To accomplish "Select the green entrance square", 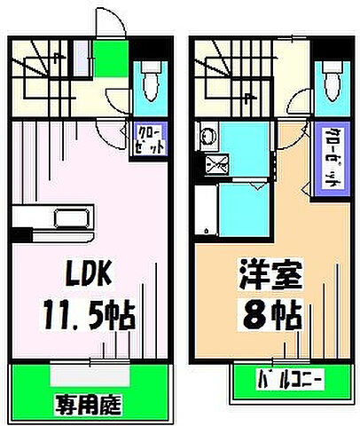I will [111, 60].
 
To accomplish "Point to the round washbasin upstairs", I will [206, 138].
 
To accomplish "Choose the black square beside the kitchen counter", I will [18, 234].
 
